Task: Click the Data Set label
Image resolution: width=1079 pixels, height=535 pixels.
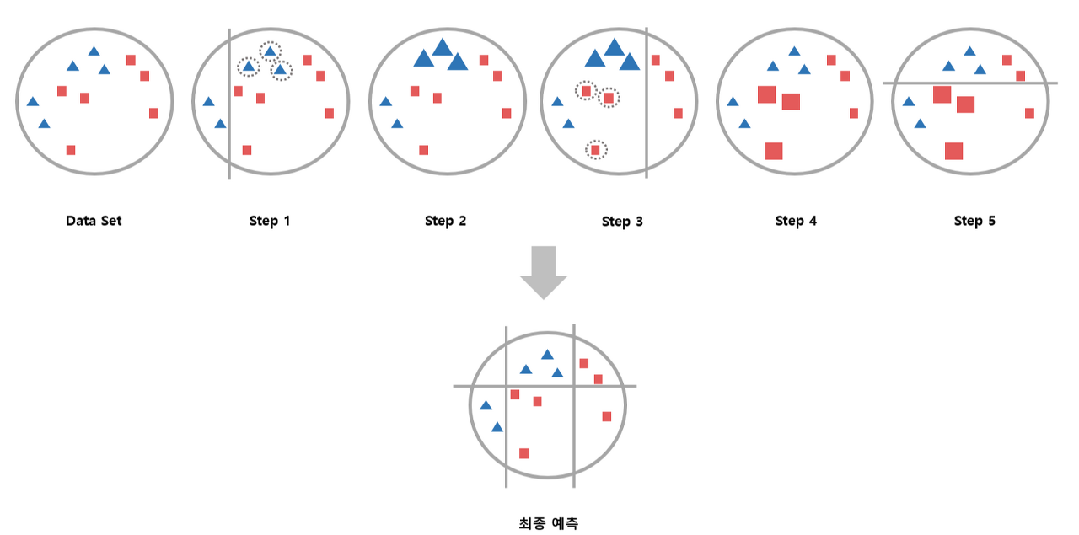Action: [x=94, y=222]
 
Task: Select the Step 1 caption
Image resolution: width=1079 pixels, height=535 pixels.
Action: [x=270, y=222]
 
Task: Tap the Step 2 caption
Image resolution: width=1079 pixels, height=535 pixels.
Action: [x=445, y=222]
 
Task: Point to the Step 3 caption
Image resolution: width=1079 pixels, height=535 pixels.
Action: [x=622, y=222]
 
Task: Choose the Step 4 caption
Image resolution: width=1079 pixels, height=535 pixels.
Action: [x=796, y=222]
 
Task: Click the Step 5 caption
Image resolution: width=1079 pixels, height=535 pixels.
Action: [x=974, y=222]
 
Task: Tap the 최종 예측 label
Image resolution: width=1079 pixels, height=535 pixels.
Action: [x=548, y=523]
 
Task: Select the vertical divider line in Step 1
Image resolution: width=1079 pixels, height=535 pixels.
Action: [x=229, y=126]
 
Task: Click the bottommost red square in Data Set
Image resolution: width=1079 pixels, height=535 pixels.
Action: [x=71, y=150]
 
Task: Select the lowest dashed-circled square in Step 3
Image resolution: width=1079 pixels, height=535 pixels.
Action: [x=596, y=150]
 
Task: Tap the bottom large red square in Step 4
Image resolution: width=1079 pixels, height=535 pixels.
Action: [x=773, y=151]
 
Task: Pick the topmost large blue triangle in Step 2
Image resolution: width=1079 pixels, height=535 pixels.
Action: [x=443, y=48]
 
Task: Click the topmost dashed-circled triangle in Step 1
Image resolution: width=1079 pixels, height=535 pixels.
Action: [x=270, y=52]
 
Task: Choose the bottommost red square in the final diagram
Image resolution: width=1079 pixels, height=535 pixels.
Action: [x=523, y=453]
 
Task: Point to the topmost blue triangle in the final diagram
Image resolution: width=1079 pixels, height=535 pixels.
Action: [x=547, y=355]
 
